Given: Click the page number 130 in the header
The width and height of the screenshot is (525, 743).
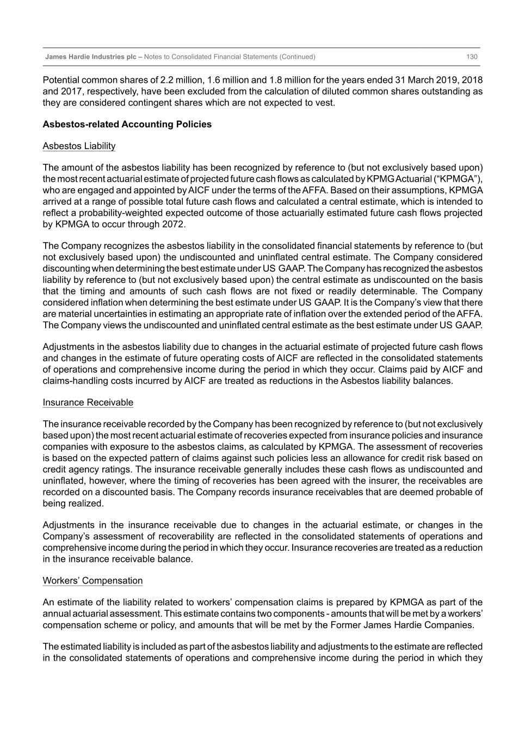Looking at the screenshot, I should (x=472, y=57).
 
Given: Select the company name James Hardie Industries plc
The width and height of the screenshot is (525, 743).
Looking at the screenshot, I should (x=90, y=57).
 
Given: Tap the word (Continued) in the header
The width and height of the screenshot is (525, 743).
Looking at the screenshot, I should (x=297, y=57).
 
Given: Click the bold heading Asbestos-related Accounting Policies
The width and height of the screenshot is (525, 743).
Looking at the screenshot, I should (x=127, y=124).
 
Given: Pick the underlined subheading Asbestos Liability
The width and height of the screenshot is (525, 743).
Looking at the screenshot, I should (x=79, y=146).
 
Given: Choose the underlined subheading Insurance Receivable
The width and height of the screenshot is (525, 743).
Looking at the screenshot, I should (x=88, y=402).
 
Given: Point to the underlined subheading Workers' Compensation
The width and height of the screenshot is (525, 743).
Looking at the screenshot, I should (x=92, y=580).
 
